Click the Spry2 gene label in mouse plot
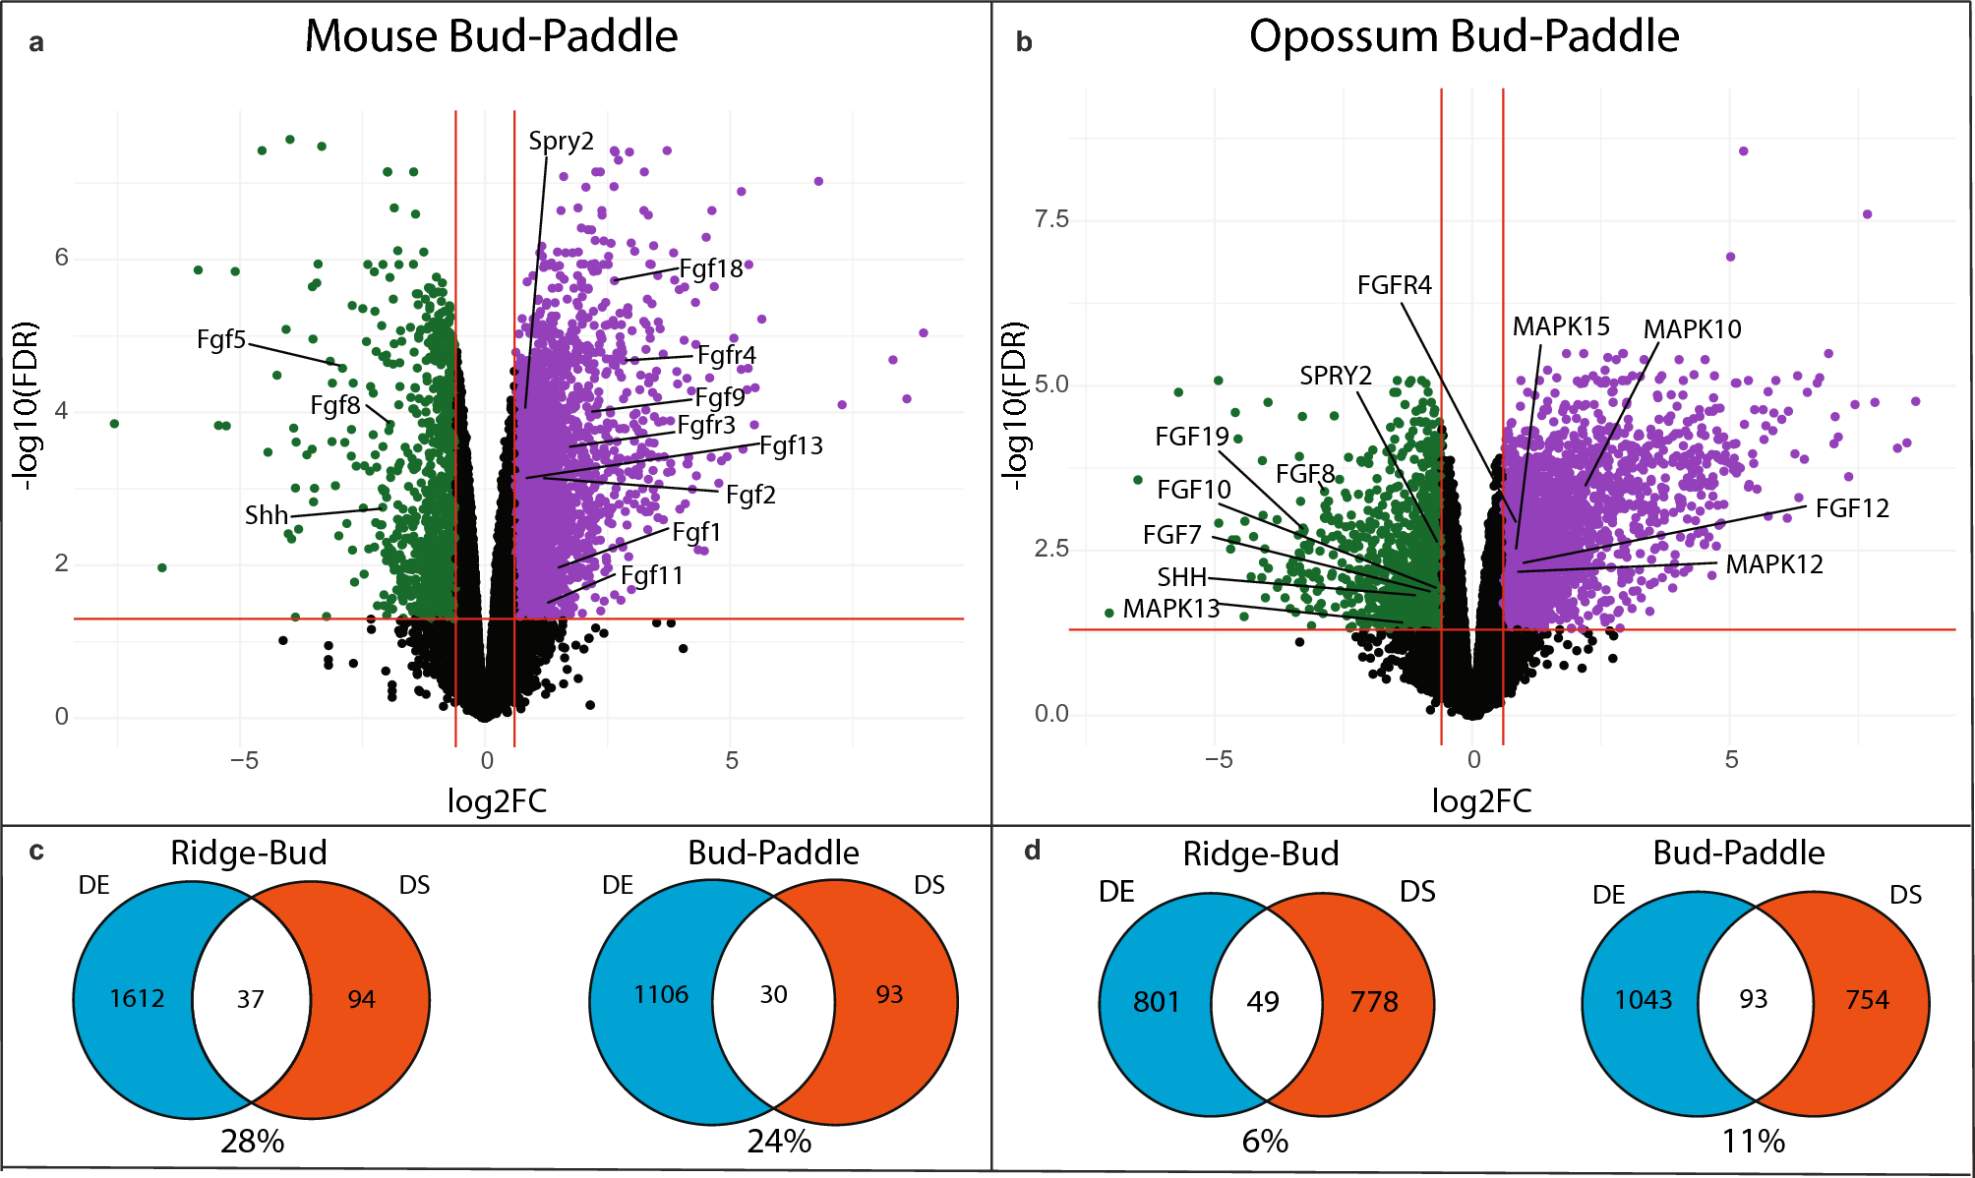561,142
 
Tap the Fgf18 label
710,269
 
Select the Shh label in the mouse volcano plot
266,515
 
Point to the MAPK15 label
1561,326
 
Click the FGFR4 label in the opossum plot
1394,285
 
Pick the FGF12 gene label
1851,508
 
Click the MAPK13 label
1170,609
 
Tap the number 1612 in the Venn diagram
137,999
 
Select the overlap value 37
251,1000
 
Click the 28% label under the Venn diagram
252,1142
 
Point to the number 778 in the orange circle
1373,1002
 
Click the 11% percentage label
1753,1142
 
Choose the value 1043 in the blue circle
1643,1000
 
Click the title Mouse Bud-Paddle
491,36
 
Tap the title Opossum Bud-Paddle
1464,36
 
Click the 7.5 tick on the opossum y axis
1050,219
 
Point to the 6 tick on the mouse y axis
61,258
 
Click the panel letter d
1032,851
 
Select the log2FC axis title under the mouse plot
497,801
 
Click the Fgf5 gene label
220,340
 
